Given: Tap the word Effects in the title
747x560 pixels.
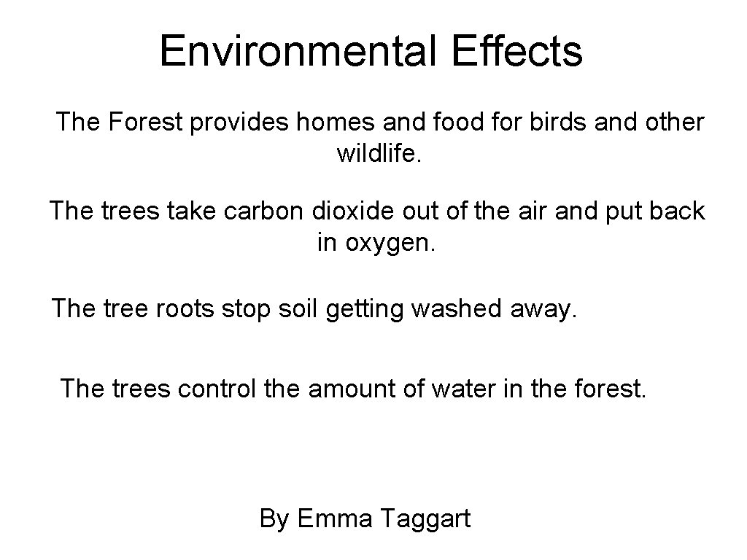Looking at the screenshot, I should click(518, 51).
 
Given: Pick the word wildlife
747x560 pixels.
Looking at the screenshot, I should click(379, 153).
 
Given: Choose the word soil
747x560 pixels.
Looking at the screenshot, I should click(301, 308).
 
